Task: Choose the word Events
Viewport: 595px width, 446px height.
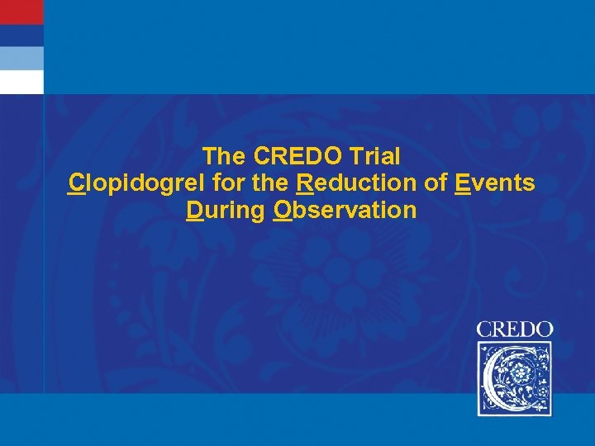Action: click(x=494, y=183)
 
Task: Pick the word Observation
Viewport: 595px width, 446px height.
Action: click(x=345, y=211)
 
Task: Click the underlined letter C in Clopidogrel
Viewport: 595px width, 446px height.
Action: click(x=76, y=183)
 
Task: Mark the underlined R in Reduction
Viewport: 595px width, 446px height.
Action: click(x=302, y=183)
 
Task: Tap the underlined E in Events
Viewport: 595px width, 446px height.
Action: click(x=462, y=183)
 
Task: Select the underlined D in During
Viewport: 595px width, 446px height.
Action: click(x=195, y=211)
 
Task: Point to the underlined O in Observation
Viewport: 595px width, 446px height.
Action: click(x=283, y=211)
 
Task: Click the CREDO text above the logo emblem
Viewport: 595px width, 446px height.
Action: click(x=514, y=329)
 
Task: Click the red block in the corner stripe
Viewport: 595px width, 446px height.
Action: click(x=21, y=12)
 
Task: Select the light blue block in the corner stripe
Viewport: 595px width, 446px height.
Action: click(x=21, y=58)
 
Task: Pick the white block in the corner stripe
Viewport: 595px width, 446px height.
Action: click(x=21, y=82)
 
